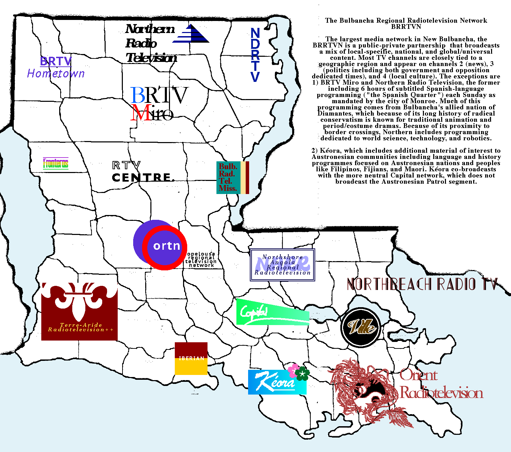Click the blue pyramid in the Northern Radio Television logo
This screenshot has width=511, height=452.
click(x=191, y=34)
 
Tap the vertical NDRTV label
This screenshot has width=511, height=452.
click(x=255, y=55)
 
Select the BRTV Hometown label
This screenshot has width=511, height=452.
click(x=56, y=67)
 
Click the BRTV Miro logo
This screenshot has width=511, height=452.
click(x=159, y=103)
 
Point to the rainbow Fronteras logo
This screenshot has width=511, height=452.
click(x=56, y=163)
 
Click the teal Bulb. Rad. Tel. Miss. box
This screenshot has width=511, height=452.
click(x=228, y=177)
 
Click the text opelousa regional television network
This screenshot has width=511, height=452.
click(x=201, y=260)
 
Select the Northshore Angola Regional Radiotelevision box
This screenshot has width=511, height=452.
click(x=283, y=265)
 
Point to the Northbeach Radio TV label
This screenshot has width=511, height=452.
click(x=422, y=284)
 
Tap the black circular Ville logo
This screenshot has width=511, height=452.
click(x=361, y=327)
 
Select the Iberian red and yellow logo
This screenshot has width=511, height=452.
click(x=191, y=358)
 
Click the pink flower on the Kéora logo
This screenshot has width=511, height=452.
click(x=293, y=370)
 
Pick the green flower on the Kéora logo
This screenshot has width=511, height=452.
click(x=302, y=374)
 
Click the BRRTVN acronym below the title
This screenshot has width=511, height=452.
click(x=406, y=26)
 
